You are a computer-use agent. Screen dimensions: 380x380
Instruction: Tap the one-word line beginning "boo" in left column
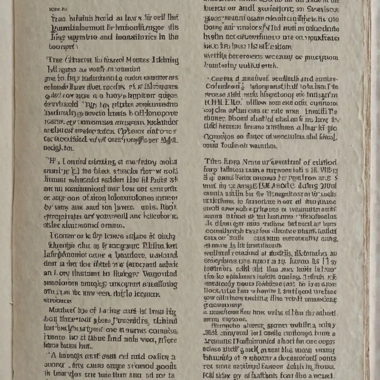(63, 47)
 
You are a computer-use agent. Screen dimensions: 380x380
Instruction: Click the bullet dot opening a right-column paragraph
(207, 79)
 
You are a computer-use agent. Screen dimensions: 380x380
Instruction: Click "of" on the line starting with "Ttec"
(307, 162)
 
